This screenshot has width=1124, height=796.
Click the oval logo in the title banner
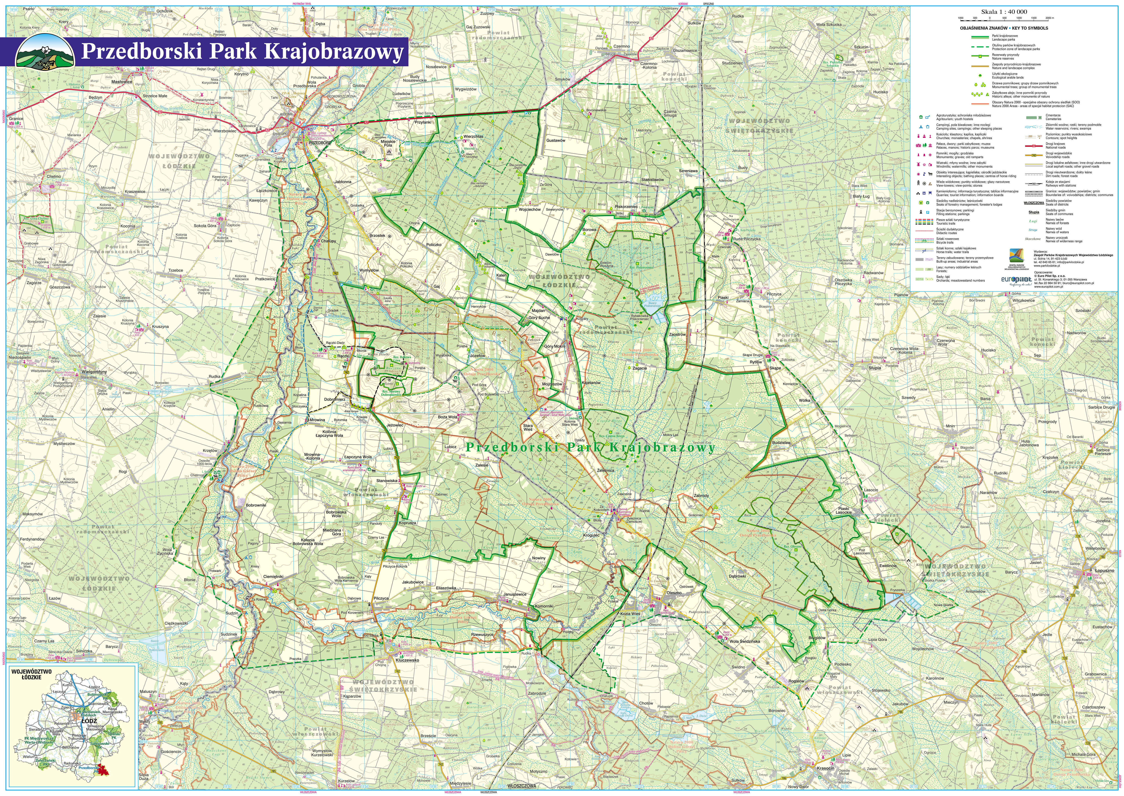(45, 52)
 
